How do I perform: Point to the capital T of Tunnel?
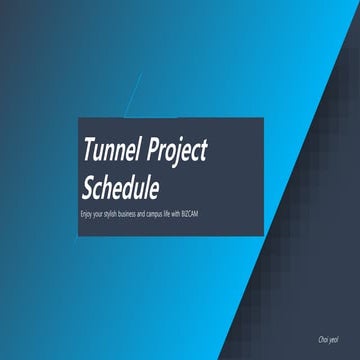[89, 151]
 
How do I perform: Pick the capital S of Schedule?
[89, 187]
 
